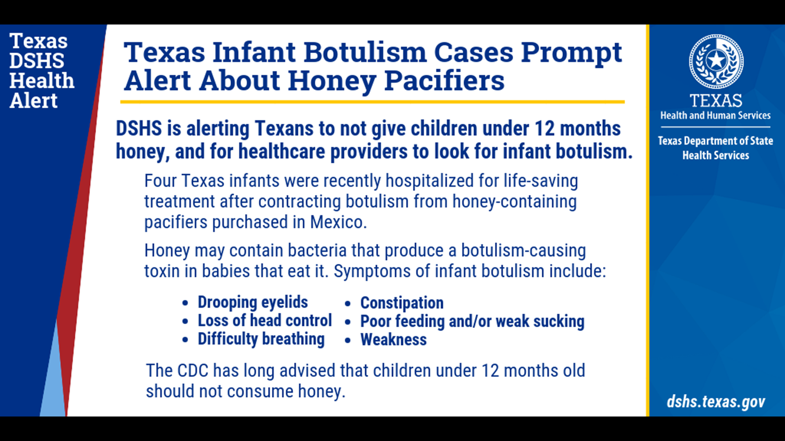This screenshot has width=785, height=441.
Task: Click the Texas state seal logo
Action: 716,61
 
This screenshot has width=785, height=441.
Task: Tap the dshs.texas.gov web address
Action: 716,402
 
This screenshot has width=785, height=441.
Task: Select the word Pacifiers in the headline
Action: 444,81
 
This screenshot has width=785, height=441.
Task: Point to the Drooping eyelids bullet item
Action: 253,303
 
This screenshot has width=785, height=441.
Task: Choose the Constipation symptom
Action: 402,303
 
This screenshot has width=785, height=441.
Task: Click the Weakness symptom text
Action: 393,340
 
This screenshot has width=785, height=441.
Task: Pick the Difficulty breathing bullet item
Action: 261,339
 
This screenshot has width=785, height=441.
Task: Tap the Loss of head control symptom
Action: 265,321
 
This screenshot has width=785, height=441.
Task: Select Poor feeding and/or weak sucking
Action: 472,321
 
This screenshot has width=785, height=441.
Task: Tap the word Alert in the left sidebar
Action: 34,101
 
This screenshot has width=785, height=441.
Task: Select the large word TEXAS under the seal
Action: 716,101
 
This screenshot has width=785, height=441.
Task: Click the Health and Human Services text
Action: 715,116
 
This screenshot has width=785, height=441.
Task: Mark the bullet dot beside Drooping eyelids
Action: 185,303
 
